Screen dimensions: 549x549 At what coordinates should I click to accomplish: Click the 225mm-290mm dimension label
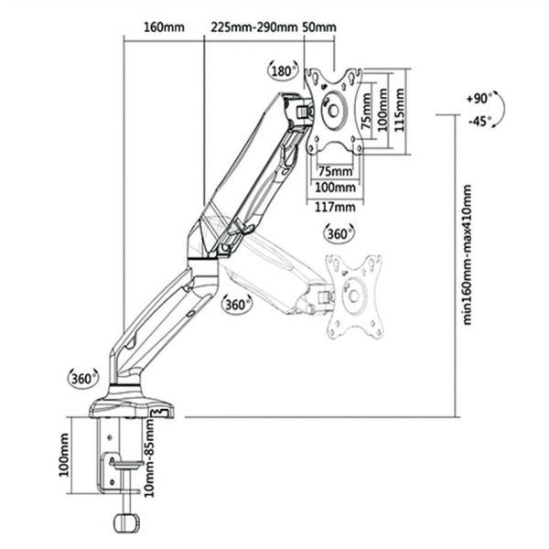coord(253,27)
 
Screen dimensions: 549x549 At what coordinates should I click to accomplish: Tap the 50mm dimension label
coord(319,27)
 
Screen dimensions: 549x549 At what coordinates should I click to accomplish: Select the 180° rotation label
coord(283,71)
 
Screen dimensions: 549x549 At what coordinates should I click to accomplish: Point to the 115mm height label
coord(400,110)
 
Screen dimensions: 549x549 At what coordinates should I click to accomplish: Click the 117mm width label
coord(335,207)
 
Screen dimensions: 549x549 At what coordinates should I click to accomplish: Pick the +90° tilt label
coord(479,99)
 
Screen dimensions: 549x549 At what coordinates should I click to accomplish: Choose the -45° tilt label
coord(479,122)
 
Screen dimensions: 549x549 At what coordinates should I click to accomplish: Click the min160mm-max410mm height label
coord(468,255)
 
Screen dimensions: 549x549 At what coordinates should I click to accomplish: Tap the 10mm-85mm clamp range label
coord(149,458)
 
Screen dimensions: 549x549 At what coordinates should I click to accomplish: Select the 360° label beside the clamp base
coord(82,379)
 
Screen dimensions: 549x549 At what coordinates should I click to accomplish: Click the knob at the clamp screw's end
coord(127,523)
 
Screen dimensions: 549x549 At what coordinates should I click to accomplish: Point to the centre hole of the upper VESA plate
coord(334,111)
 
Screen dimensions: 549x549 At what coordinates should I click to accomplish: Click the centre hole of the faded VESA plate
coord(353,296)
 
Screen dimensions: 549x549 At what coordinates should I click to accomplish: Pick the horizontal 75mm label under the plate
coord(335,172)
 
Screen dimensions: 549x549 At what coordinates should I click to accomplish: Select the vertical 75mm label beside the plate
coord(367,111)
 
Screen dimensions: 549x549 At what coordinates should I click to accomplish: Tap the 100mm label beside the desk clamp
coord(64,455)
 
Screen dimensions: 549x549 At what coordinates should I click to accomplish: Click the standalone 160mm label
coord(164,27)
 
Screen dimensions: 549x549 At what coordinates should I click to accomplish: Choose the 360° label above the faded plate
coord(339,233)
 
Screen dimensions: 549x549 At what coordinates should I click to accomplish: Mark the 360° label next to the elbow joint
coord(237,305)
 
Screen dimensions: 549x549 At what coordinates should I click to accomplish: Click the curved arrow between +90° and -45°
coord(502,109)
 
